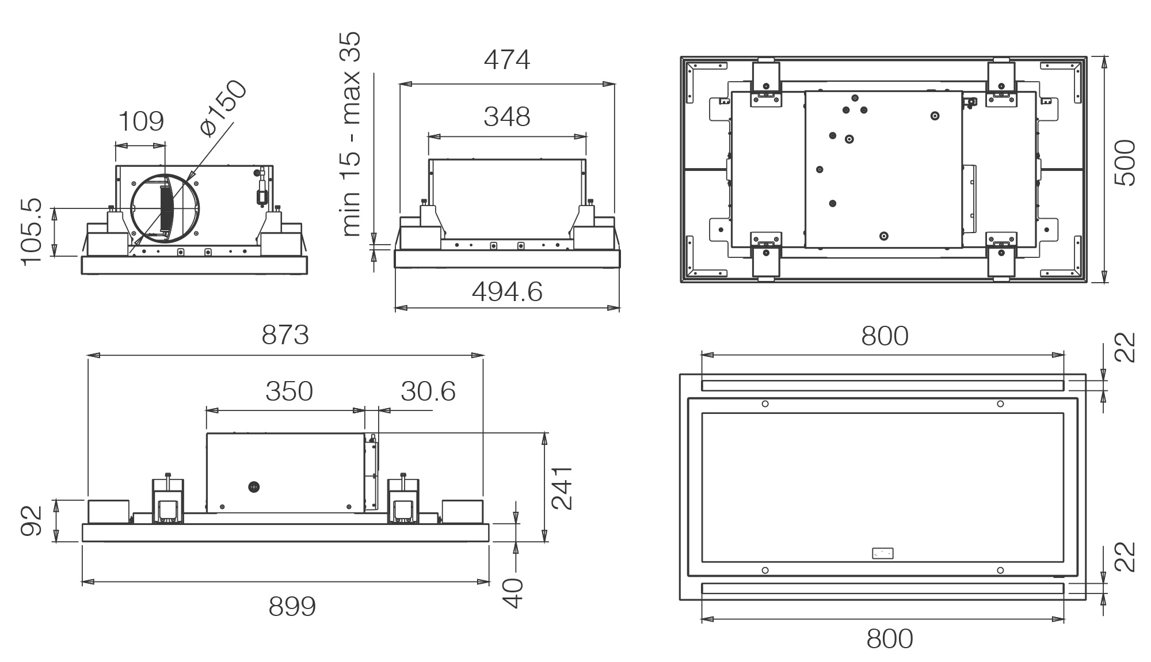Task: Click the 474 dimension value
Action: tap(506, 60)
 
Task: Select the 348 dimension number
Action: tap(506, 117)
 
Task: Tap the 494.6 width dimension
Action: tap(507, 292)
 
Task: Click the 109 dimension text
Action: tap(141, 121)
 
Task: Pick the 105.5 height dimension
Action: tap(32, 231)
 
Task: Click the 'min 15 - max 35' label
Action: tap(351, 134)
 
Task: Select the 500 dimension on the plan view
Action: tap(1125, 163)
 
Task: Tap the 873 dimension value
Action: tap(285, 335)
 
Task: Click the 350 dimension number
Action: tap(289, 391)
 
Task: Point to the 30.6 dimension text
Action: tap(428, 391)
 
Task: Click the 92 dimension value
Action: tap(32, 520)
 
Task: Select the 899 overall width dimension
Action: tap(292, 607)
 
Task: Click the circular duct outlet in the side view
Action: tap(165, 207)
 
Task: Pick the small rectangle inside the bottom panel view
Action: tap(882, 553)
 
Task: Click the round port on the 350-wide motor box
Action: tap(252, 488)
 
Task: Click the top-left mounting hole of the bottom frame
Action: tap(765, 404)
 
